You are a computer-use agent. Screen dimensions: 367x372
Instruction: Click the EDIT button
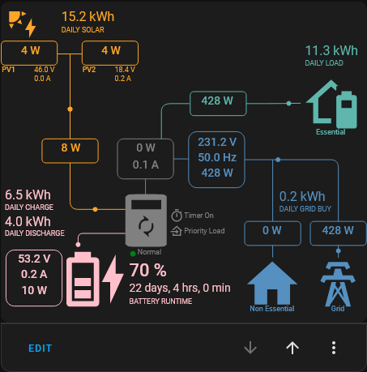coord(40,348)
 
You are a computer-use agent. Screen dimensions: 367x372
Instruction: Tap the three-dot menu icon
coord(334,348)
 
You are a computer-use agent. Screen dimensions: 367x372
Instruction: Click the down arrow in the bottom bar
coord(250,348)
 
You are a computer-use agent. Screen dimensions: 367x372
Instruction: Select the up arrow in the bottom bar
coord(292,348)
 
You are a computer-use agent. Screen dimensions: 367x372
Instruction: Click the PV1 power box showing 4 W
coord(29,53)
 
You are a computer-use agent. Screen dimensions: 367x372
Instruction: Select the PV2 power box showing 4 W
coord(110,53)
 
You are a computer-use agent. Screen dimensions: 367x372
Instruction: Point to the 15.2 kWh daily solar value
coord(88,17)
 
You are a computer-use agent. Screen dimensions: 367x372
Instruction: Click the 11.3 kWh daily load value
coord(331,50)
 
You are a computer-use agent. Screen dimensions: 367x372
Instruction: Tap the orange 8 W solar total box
coord(70,151)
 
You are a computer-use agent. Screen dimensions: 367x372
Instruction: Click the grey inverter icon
coord(146,220)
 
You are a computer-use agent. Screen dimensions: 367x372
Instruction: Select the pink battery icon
coord(83,279)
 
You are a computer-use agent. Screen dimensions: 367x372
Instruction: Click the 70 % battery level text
coord(148,270)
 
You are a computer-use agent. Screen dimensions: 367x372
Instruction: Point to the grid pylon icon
coord(338,284)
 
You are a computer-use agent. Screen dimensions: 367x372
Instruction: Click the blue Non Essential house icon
coord(272,283)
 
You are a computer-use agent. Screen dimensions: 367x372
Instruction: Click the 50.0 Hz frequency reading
coord(217,157)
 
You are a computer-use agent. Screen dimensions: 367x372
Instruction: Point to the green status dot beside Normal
coord(133,254)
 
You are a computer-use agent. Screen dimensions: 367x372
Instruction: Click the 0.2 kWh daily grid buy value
coord(302,196)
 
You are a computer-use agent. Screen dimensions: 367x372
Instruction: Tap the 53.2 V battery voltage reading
coord(34,259)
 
